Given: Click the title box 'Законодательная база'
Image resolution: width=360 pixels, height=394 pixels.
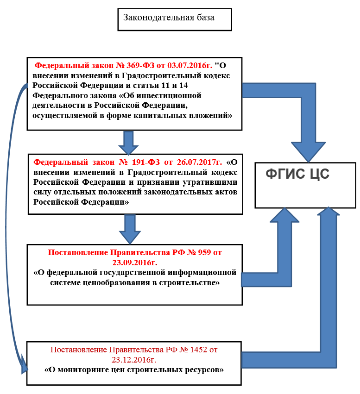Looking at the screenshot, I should click(x=174, y=19).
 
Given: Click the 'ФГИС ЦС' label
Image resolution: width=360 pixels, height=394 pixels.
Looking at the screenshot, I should click(x=297, y=174).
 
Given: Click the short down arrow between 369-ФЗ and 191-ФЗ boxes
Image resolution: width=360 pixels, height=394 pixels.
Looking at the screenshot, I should click(x=129, y=143).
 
